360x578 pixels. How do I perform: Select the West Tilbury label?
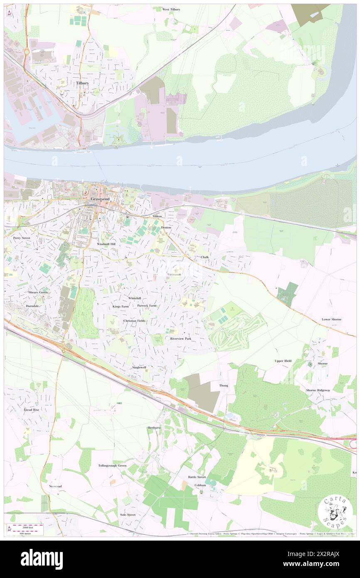point(171,9)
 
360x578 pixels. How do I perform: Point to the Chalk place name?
point(205,257)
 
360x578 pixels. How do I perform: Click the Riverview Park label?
point(181,339)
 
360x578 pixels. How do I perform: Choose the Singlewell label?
point(139,368)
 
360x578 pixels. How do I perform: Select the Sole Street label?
point(128,514)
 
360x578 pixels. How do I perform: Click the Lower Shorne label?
point(332,319)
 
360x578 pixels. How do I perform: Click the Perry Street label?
point(22,238)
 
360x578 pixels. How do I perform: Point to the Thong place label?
point(224,385)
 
